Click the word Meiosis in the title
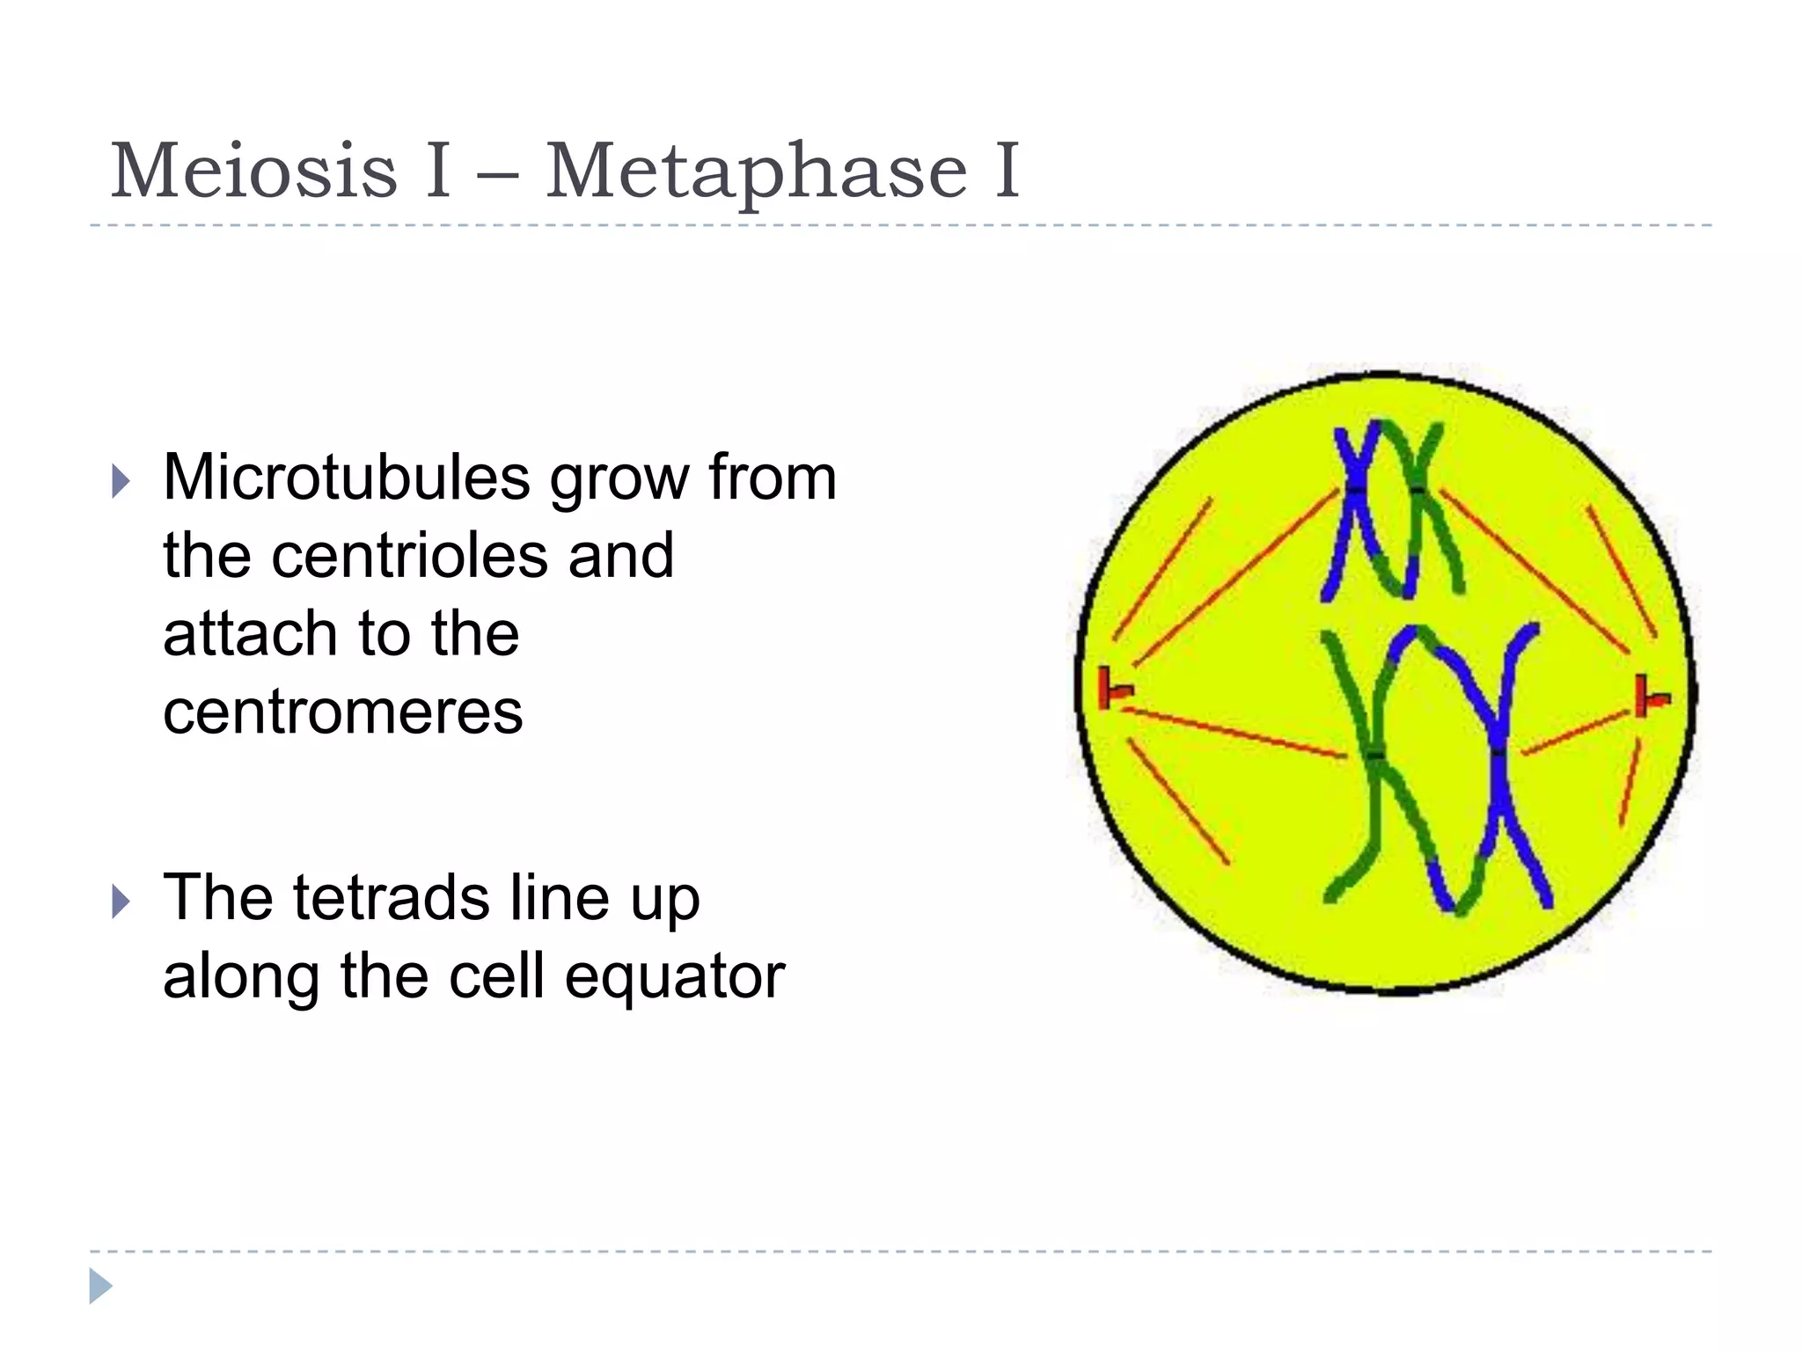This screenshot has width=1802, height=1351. click(x=254, y=171)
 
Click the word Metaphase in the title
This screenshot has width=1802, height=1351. click(x=757, y=171)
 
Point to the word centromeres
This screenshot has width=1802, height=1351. click(x=343, y=712)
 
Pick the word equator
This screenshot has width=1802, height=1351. click(x=674, y=976)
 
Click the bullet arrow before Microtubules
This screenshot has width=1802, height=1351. click(x=121, y=481)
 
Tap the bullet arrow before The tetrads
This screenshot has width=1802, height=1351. click(x=121, y=902)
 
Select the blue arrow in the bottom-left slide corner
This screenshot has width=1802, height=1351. click(x=100, y=1286)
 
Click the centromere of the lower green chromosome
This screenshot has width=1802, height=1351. click(x=1376, y=754)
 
